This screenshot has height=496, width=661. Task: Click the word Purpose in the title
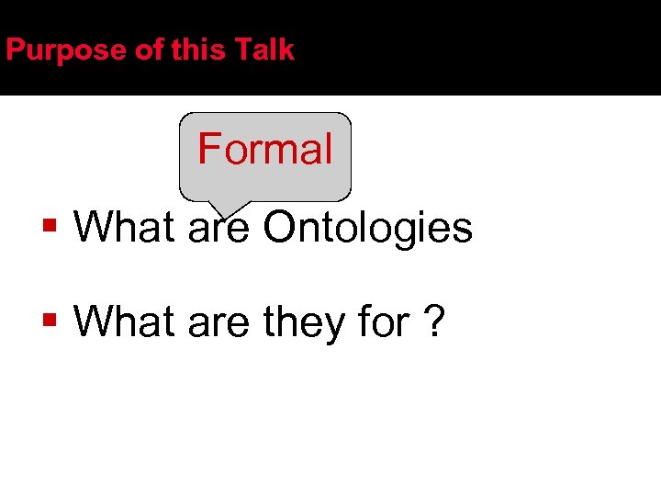tap(67, 50)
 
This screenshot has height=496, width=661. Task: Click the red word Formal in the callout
tap(264, 149)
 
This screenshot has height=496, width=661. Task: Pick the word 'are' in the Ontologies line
tap(218, 227)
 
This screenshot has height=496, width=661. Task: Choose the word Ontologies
tap(367, 227)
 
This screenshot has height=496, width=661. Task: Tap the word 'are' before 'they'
tap(218, 321)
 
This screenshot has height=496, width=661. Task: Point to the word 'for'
tap(381, 321)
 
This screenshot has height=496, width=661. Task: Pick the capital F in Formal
tap(209, 149)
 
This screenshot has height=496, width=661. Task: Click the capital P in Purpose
tap(15, 50)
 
